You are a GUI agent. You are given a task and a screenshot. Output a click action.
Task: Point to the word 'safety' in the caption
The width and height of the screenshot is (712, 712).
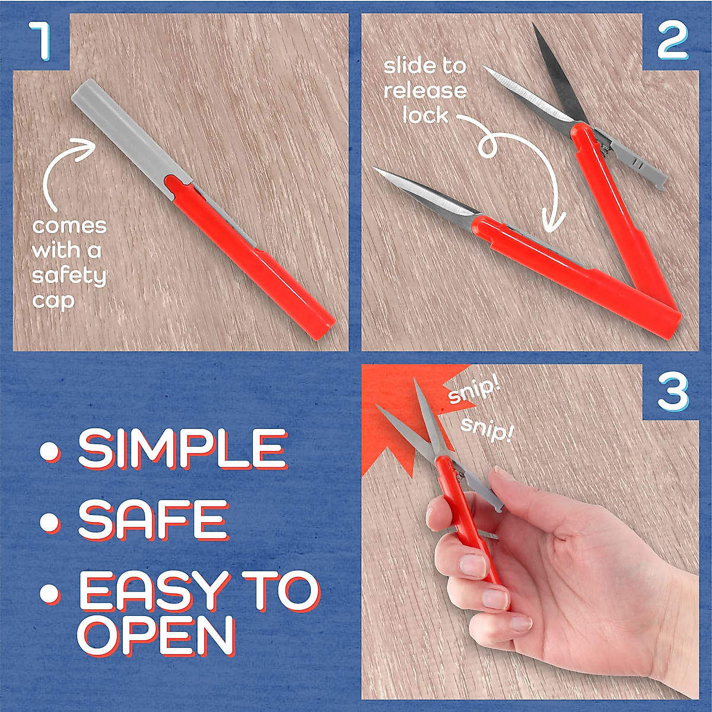tap(69, 275)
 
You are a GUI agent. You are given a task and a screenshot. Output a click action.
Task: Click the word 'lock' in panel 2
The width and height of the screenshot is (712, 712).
tap(425, 115)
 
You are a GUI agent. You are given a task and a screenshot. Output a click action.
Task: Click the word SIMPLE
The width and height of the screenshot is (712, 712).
tap(183, 449)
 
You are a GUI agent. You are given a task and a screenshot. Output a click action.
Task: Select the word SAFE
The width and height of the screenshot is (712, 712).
tap(153, 519)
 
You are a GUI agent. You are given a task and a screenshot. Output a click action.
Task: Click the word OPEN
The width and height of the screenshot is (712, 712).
tap(155, 635)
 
